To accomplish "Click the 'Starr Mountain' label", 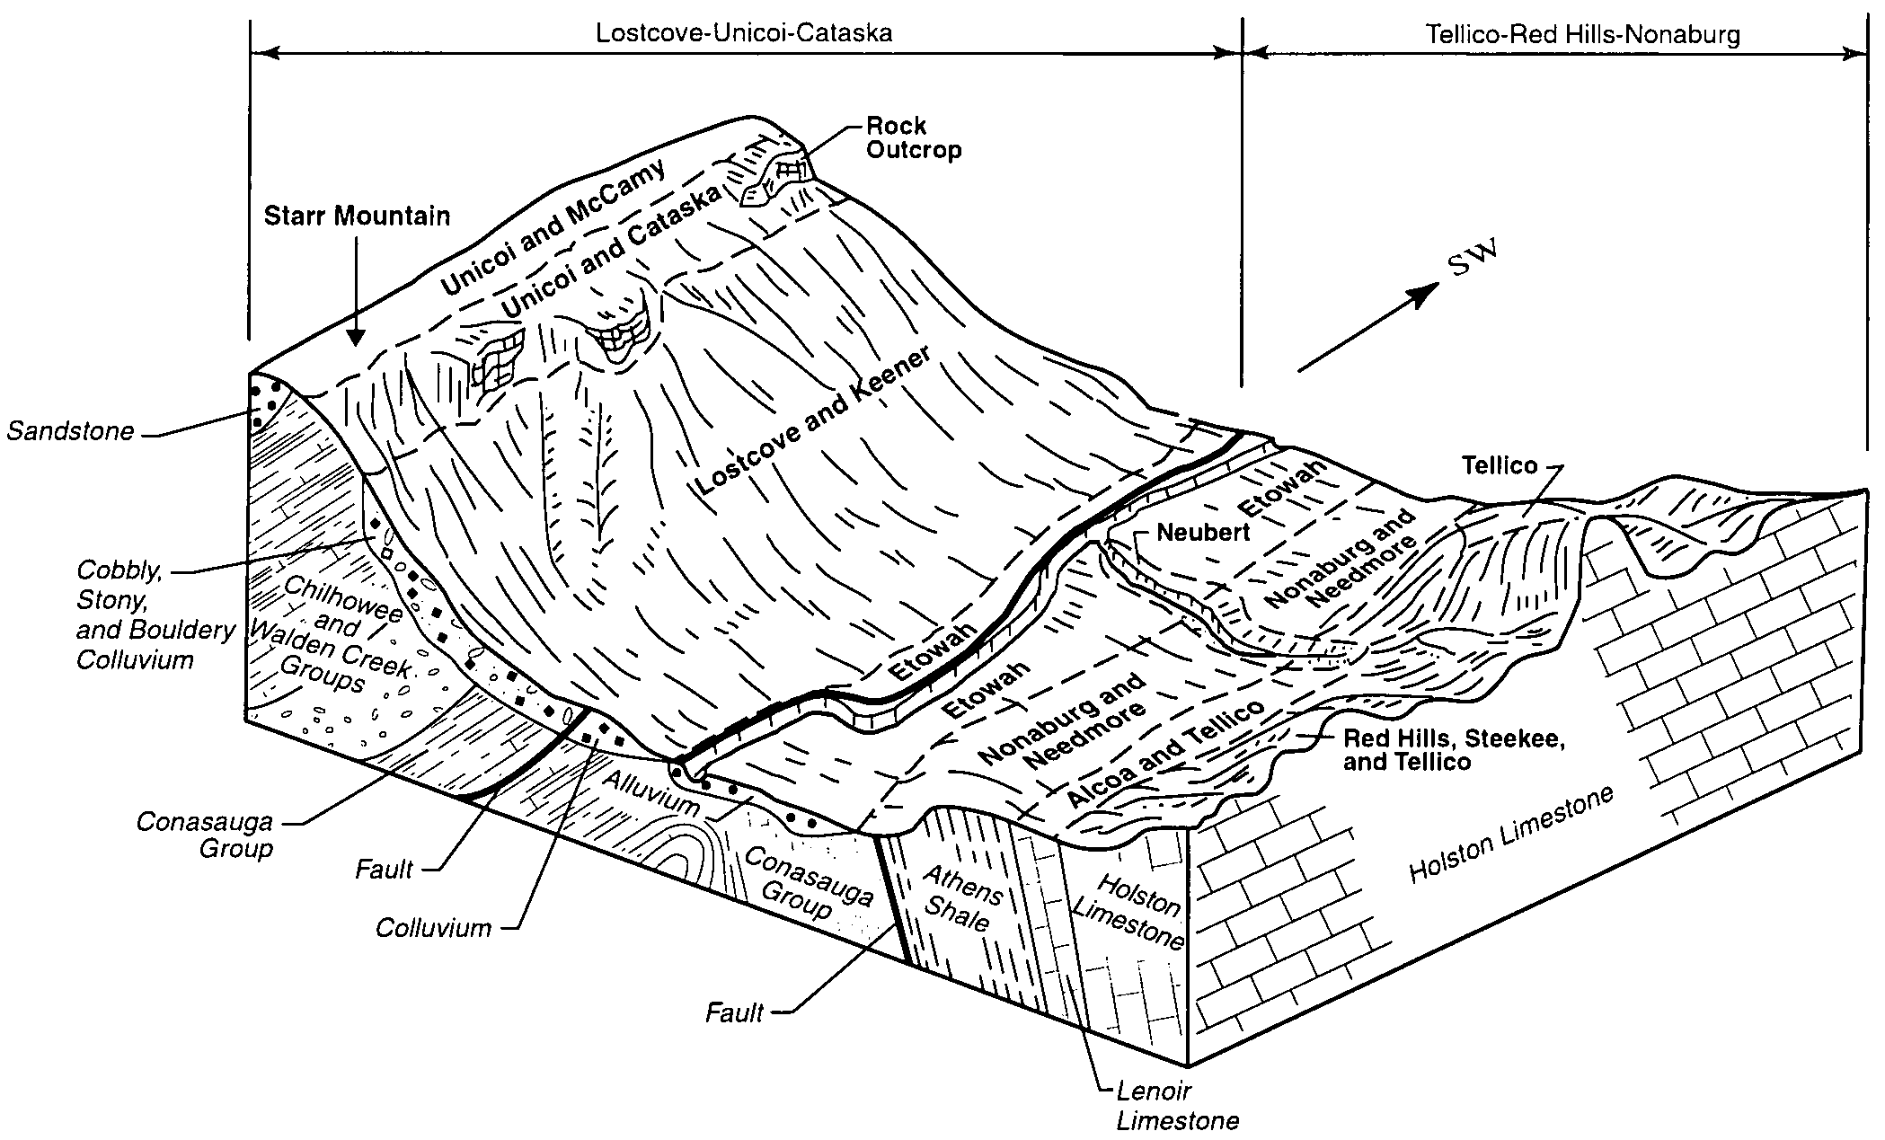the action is tap(357, 216).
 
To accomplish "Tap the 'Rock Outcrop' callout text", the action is tap(914, 137).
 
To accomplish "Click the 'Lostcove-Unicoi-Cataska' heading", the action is tap(744, 34).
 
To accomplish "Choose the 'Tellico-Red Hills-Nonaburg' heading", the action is tap(1583, 35).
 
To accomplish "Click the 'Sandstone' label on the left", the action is tap(71, 432).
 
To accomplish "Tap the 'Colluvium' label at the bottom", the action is tap(434, 927).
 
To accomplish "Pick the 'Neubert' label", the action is tap(1203, 533).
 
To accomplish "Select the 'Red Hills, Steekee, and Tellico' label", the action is tap(1454, 750).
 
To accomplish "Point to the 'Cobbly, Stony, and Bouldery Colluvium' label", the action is tap(155, 615).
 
